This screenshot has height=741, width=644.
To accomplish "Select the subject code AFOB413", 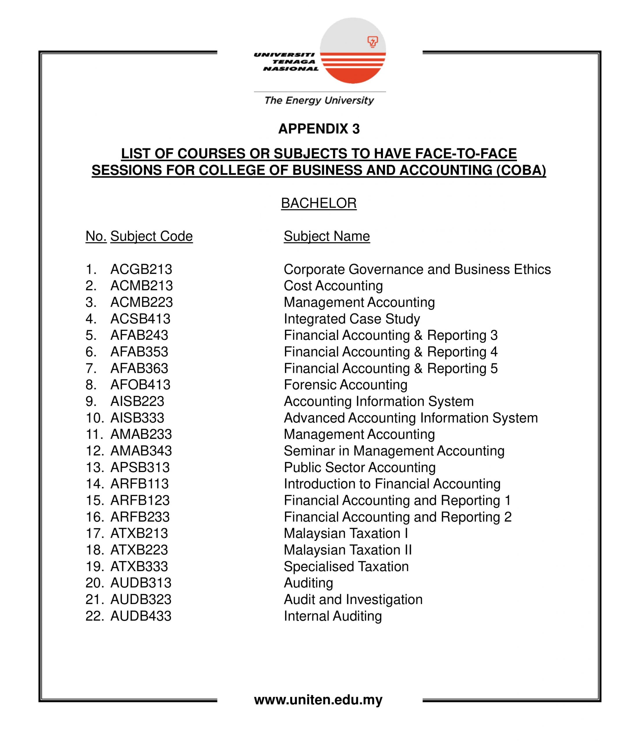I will point(140,384).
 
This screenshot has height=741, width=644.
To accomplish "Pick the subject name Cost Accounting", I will point(333,286).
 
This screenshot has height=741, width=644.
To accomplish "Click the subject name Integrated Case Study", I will point(352,319).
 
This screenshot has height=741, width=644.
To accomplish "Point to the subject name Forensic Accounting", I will point(345,384).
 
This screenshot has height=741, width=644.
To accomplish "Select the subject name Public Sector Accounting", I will point(359,467).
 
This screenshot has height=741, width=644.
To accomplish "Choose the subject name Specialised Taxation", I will point(346,566).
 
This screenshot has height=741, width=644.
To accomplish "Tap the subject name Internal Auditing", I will point(333,616).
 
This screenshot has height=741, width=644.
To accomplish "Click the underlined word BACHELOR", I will point(319,203).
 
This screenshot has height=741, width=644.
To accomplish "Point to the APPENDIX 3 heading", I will point(319,129).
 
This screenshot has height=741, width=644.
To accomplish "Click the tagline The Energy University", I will point(319,100).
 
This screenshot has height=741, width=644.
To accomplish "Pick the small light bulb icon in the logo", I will point(372,42).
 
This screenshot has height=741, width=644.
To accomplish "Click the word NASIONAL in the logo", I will point(291,69).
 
